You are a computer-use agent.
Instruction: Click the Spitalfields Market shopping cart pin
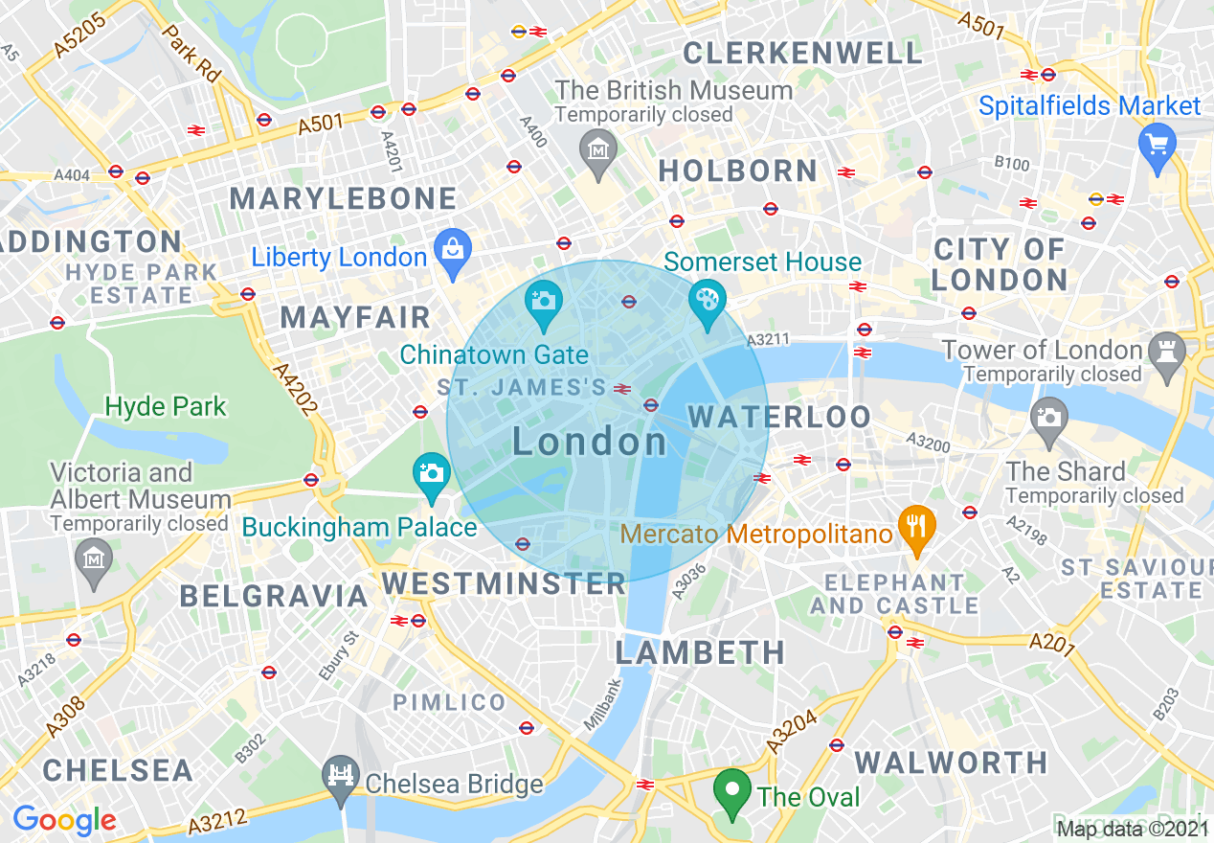pyautogui.click(x=1158, y=145)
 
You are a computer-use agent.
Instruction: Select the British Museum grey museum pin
pyautogui.click(x=598, y=151)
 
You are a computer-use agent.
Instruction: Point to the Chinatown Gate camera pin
pyautogui.click(x=543, y=300)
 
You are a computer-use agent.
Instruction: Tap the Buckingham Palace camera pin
pyautogui.click(x=432, y=473)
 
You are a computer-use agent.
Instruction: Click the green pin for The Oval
pyautogui.click(x=732, y=790)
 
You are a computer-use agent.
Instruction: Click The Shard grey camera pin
pyautogui.click(x=1049, y=419)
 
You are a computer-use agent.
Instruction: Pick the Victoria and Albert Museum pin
pyautogui.click(x=93, y=556)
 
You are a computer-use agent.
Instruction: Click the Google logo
pyautogui.click(x=64, y=820)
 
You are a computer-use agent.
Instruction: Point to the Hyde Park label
pyautogui.click(x=166, y=407)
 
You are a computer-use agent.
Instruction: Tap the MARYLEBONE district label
pyautogui.click(x=343, y=199)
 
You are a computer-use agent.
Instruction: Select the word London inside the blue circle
pyautogui.click(x=590, y=442)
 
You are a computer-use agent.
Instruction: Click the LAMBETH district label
pyautogui.click(x=700, y=653)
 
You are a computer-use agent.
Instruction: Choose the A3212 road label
pyautogui.click(x=217, y=822)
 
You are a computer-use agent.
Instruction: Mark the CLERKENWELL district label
pyautogui.click(x=802, y=53)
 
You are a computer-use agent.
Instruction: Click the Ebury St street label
pyautogui.click(x=338, y=656)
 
